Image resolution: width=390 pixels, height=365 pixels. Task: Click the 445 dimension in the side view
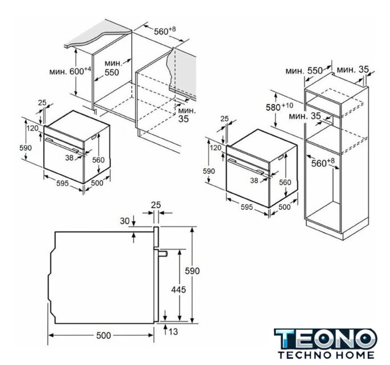point(178,289)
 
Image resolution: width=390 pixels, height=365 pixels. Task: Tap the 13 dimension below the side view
point(173,331)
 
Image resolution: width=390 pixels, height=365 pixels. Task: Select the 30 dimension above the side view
point(125,221)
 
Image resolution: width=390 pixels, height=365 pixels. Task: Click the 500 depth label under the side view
point(103,335)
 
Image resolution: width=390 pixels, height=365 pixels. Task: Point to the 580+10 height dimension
point(279,107)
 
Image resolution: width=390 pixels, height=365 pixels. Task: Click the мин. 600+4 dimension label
point(70,71)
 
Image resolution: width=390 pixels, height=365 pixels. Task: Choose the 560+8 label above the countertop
point(165,31)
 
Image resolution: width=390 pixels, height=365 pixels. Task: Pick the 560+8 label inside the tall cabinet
point(323,163)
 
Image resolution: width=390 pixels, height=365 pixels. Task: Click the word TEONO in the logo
point(326,339)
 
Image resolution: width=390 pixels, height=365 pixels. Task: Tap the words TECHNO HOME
point(326,355)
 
